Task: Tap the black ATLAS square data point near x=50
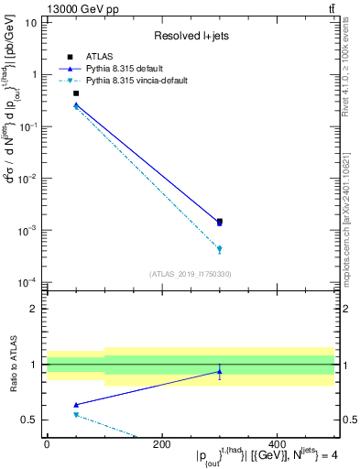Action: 76,93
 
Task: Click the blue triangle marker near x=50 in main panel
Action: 76,104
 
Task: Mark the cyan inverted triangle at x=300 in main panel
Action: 219,249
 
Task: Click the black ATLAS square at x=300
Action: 219,221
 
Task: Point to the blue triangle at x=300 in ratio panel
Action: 219,371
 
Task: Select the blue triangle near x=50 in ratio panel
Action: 76,404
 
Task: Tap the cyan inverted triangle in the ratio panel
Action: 76,415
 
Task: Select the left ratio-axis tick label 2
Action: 35,309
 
